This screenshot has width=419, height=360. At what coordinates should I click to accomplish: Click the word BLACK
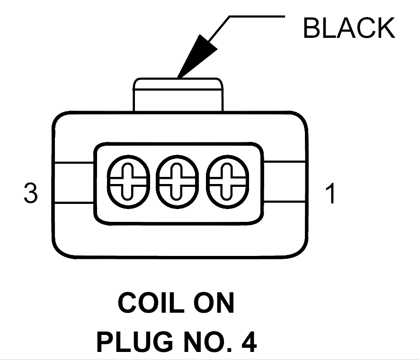[349, 28]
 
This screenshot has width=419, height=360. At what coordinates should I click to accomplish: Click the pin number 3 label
[30, 193]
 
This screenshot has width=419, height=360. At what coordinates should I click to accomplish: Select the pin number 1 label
[330, 193]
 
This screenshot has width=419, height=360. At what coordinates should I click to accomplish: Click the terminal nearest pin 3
[128, 182]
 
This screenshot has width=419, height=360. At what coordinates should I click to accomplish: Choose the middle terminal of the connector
[178, 182]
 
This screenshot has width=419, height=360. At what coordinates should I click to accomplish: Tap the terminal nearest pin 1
[227, 182]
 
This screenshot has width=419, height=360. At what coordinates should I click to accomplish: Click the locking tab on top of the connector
[178, 95]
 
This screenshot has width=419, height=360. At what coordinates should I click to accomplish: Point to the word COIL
[151, 303]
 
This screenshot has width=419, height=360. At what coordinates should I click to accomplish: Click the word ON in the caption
[214, 303]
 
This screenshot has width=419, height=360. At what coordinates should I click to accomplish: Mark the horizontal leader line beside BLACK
[257, 17]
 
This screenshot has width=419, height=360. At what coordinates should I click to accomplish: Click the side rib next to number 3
[74, 183]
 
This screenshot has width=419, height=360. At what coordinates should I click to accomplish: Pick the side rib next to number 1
[285, 182]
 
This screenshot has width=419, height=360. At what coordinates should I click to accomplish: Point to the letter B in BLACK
[312, 28]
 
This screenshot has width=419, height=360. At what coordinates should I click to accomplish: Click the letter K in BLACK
[386, 28]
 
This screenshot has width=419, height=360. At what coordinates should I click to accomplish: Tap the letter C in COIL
[127, 303]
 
